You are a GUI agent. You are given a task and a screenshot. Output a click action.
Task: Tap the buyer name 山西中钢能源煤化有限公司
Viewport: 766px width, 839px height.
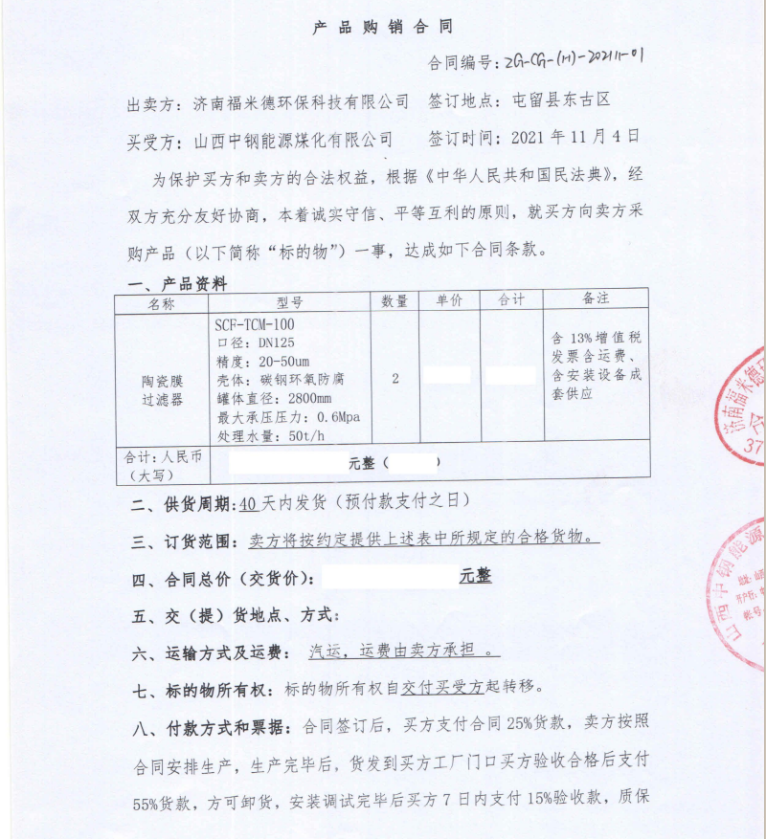293,141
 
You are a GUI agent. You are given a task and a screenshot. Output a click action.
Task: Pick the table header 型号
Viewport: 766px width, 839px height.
289,302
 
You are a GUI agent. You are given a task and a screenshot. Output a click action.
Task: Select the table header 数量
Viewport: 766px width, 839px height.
394,301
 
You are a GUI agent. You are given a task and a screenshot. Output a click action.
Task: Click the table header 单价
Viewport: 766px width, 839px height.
450,301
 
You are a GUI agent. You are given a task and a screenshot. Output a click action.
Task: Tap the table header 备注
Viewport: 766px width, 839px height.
596,299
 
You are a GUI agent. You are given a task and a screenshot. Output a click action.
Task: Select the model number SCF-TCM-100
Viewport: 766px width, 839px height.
255,325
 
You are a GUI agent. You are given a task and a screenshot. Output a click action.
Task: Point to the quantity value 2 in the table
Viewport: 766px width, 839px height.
394,378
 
